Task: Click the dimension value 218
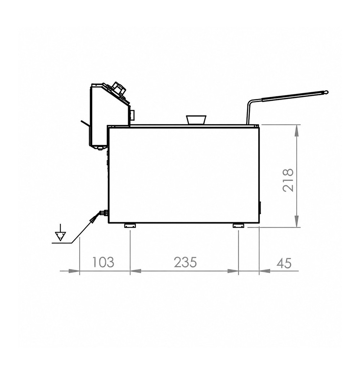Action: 288,180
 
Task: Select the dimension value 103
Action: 103,262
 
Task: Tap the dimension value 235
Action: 185,262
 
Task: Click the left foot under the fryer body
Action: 130,226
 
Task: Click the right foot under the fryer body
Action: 238,226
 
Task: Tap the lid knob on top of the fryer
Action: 196,120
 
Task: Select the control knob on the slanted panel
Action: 119,89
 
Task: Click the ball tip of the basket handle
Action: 325,92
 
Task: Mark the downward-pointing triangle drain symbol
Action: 60,236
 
